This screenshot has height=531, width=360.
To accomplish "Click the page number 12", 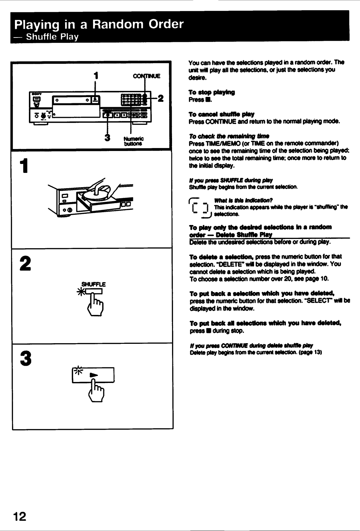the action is pyautogui.click(x=20, y=516).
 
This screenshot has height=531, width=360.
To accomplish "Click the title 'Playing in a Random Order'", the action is pyautogui.click(x=99, y=25).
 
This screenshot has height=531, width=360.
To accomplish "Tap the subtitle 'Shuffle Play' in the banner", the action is pyautogui.click(x=52, y=37).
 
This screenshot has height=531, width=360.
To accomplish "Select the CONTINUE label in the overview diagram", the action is pyautogui.click(x=146, y=76).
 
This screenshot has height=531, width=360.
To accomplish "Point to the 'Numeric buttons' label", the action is pyautogui.click(x=134, y=141).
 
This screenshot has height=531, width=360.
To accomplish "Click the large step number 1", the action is pyautogui.click(x=24, y=166).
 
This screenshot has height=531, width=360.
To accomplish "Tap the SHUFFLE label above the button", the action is pyautogui.click(x=93, y=284).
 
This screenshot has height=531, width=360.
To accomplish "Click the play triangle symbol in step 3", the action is pyautogui.click(x=94, y=375).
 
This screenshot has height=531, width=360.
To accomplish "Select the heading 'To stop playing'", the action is pyautogui.click(x=212, y=92).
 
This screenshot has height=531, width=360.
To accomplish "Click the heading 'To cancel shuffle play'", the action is pyautogui.click(x=222, y=114).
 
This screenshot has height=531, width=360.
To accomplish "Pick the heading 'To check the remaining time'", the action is pyautogui.click(x=229, y=136).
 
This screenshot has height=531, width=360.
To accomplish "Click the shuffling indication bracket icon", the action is pyautogui.click(x=200, y=208).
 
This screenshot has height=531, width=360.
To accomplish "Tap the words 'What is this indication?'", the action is pyautogui.click(x=243, y=200).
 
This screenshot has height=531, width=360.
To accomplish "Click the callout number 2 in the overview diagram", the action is pyautogui.click(x=160, y=98).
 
